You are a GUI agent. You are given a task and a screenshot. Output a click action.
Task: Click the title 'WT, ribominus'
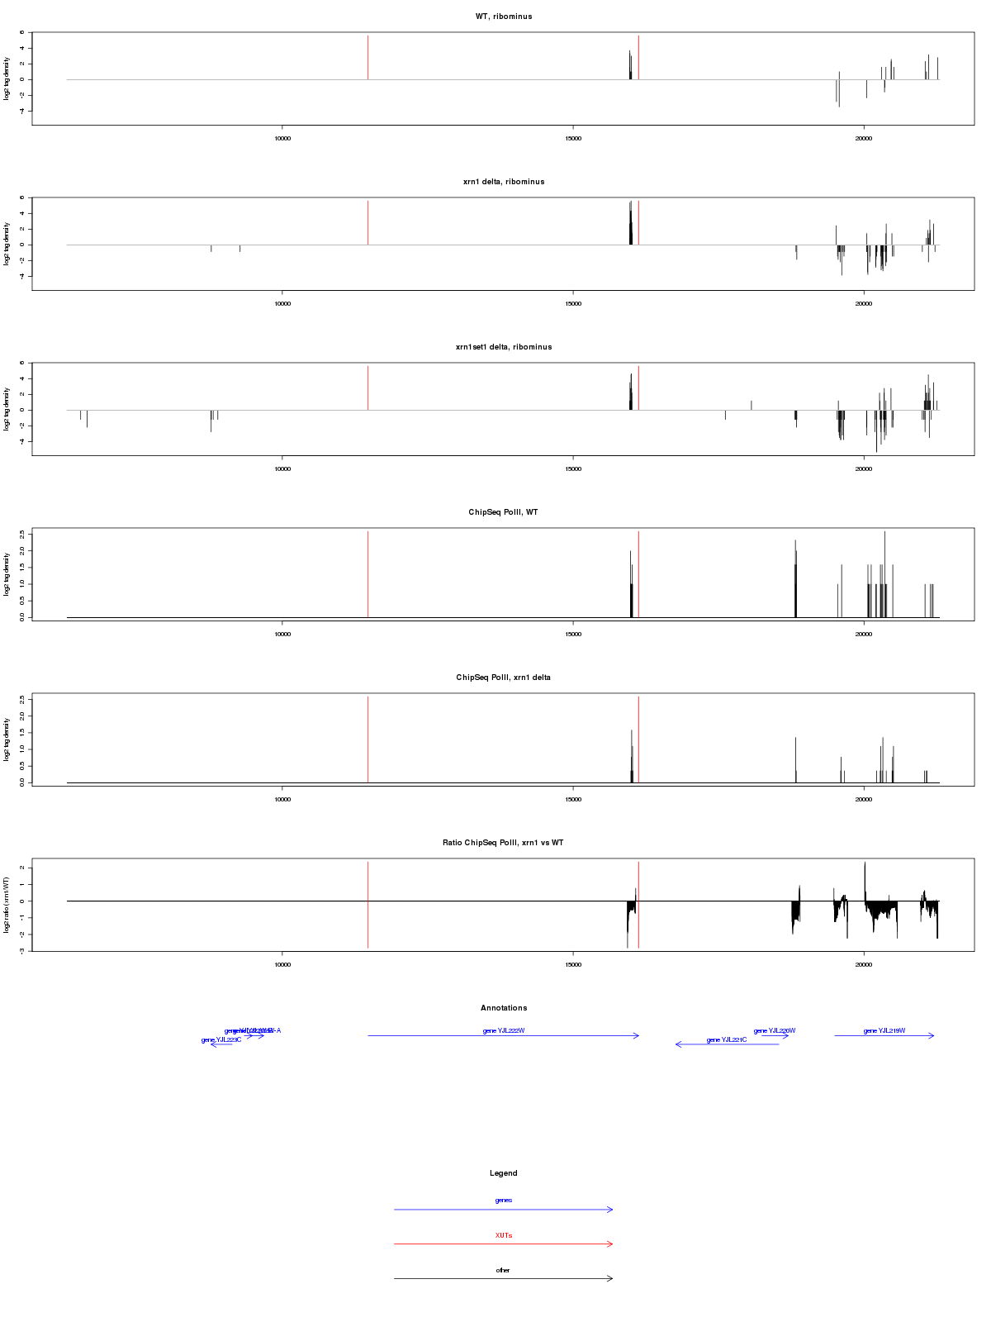pyautogui.click(x=504, y=17)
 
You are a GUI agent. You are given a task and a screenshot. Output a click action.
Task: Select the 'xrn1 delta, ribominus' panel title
pyautogui.click(x=504, y=182)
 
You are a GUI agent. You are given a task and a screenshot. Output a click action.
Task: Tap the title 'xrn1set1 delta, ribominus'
pyautogui.click(x=504, y=347)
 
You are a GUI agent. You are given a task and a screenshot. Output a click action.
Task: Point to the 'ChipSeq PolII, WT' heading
pyautogui.click(x=504, y=512)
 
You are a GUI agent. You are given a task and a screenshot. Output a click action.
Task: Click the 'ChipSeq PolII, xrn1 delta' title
pyautogui.click(x=504, y=678)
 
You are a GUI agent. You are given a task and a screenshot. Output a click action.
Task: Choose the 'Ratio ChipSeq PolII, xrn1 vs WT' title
pyautogui.click(x=504, y=843)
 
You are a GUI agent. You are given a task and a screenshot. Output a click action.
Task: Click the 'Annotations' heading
pyautogui.click(x=504, y=1008)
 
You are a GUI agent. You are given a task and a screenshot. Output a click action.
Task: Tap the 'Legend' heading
pyautogui.click(x=504, y=1173)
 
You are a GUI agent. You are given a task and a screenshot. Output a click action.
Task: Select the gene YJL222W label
pyautogui.click(x=504, y=1030)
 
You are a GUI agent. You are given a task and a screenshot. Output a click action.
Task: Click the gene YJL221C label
pyautogui.click(x=727, y=1039)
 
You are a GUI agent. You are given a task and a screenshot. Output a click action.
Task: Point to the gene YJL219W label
pyautogui.click(x=884, y=1030)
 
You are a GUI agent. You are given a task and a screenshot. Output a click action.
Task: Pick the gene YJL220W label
pyautogui.click(x=775, y=1030)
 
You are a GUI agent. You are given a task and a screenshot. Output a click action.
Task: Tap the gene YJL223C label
pyautogui.click(x=221, y=1039)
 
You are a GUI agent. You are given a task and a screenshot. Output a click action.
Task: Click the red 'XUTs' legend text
pyautogui.click(x=504, y=1235)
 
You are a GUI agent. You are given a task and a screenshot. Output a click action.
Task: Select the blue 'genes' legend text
pyautogui.click(x=504, y=1200)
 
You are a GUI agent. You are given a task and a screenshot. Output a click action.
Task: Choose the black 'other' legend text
pyautogui.click(x=504, y=1270)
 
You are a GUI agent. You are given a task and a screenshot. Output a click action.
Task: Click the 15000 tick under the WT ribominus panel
pyautogui.click(x=573, y=139)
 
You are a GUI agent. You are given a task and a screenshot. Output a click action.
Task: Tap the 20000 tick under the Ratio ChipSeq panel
pyautogui.click(x=864, y=965)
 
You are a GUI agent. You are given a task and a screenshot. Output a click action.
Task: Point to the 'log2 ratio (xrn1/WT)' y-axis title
pyautogui.click(x=7, y=905)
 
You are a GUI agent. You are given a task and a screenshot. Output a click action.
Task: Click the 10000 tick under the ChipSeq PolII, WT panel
pyautogui.click(x=282, y=635)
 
